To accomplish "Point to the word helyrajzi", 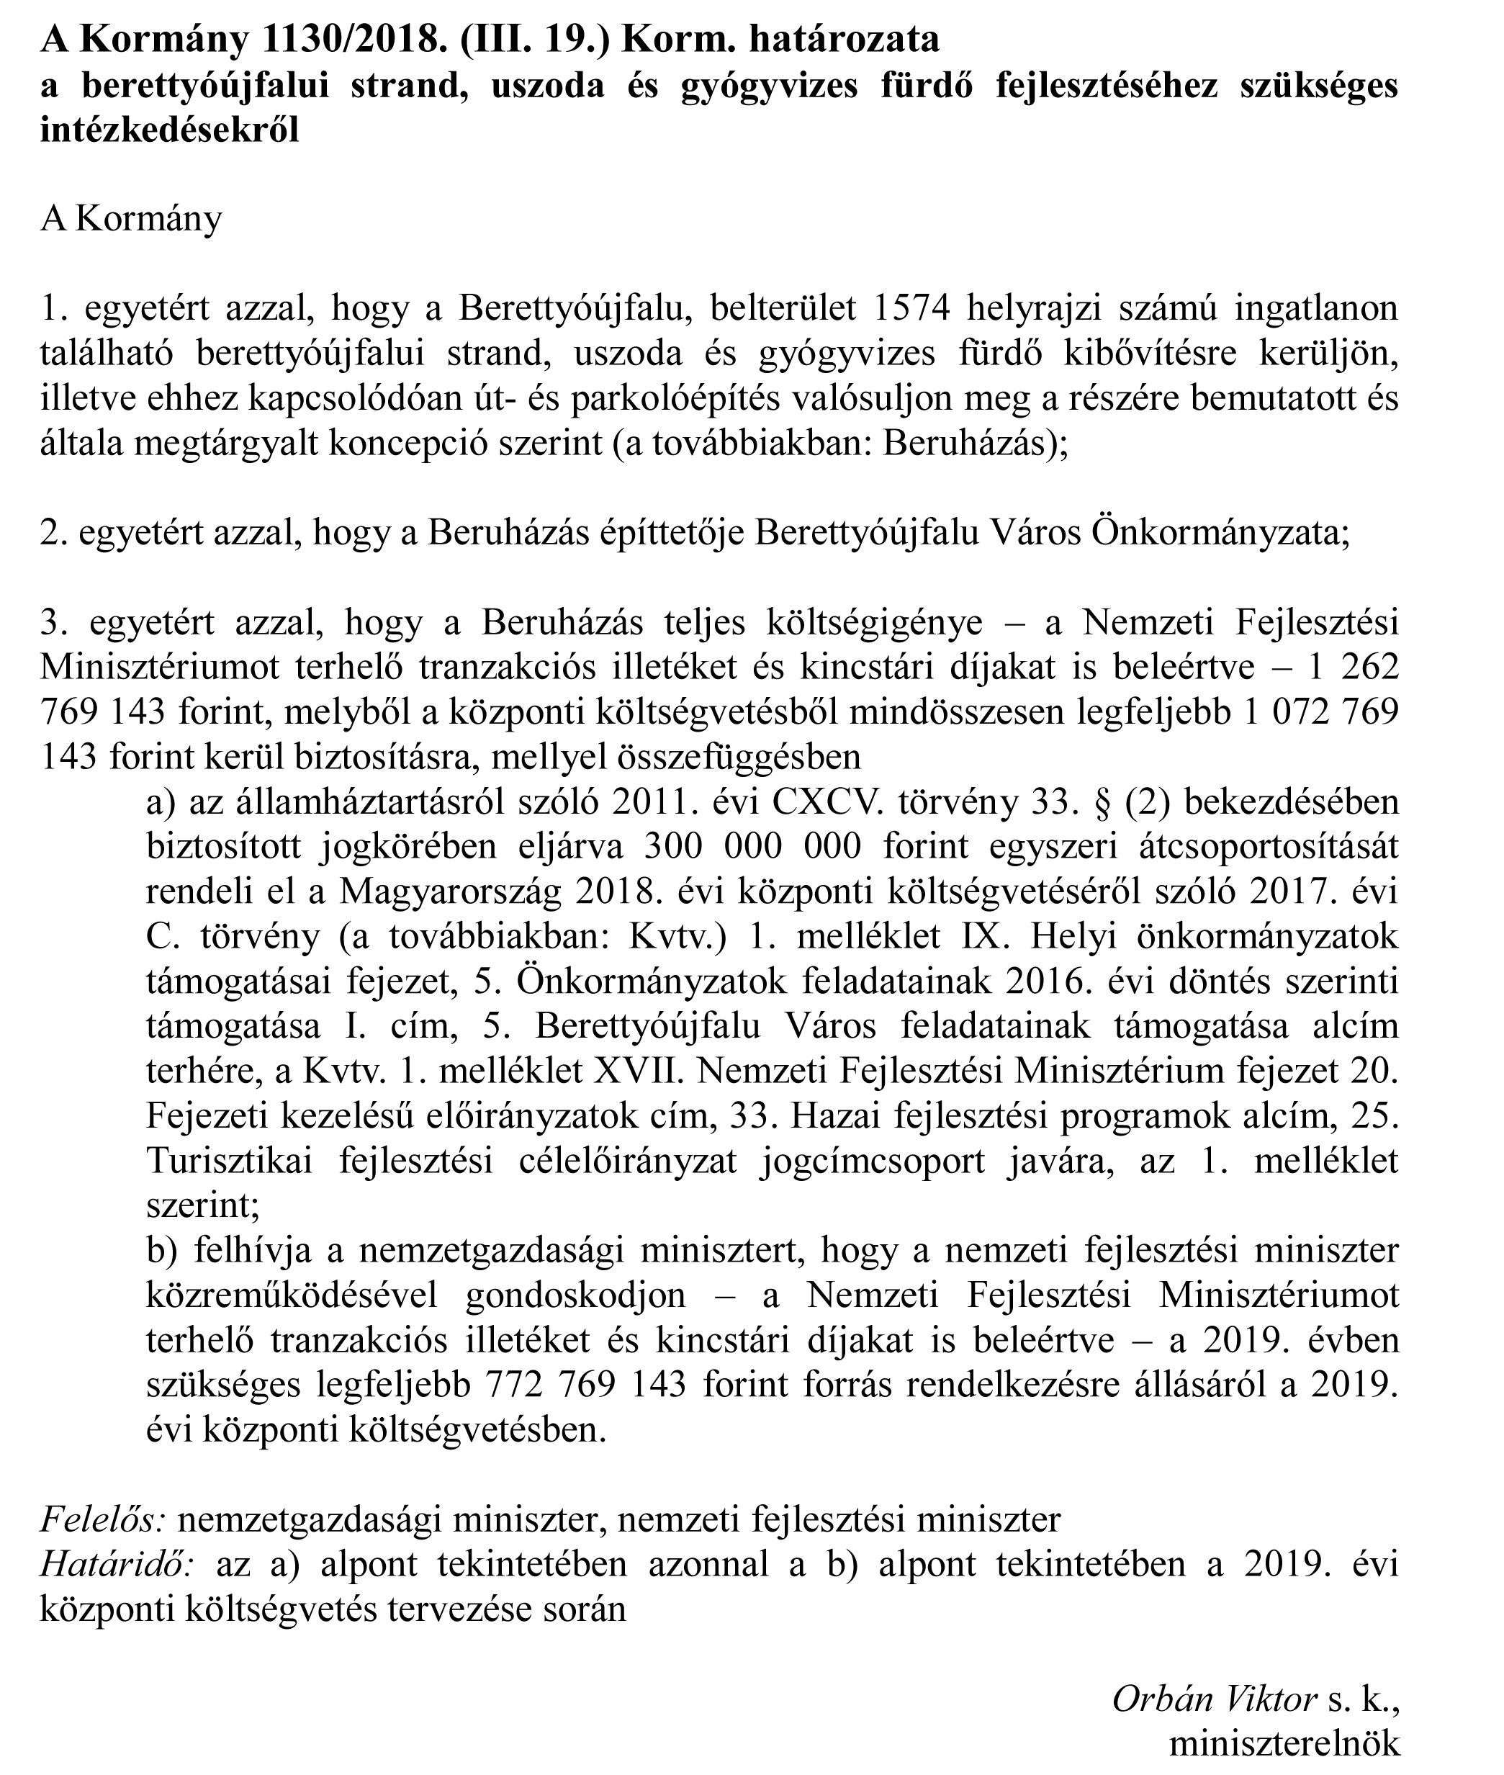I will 1033,309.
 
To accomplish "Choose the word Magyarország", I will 450,891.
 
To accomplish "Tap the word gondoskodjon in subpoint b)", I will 575,1295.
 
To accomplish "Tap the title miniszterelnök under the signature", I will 1284,1744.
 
